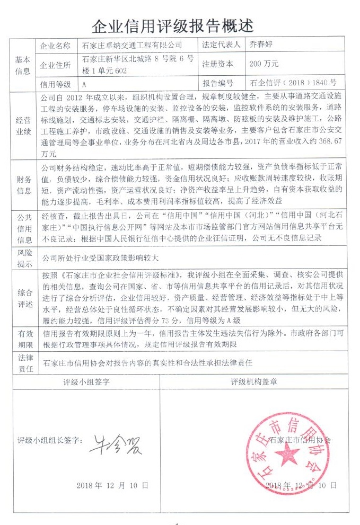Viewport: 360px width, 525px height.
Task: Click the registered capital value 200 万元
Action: click(x=264, y=64)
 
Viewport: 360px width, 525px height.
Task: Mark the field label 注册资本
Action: click(x=217, y=64)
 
